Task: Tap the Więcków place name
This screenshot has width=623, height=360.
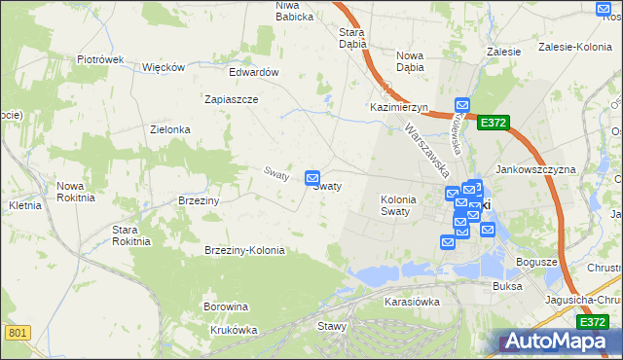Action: pyautogui.click(x=164, y=67)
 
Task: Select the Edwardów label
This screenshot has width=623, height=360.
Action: pyautogui.click(x=254, y=72)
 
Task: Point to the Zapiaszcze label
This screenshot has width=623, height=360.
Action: pyautogui.click(x=231, y=99)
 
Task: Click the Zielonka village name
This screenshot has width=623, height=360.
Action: pyautogui.click(x=169, y=128)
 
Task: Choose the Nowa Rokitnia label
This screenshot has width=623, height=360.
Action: pyautogui.click(x=75, y=191)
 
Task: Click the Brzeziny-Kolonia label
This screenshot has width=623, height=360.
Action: pyautogui.click(x=244, y=250)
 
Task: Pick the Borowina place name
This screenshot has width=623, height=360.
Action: pyautogui.click(x=226, y=306)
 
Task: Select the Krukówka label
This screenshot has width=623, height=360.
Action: pyautogui.click(x=233, y=329)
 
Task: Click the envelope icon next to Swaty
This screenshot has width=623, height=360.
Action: pyautogui.click(x=312, y=178)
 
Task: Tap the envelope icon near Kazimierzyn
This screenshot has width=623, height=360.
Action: pyautogui.click(x=462, y=105)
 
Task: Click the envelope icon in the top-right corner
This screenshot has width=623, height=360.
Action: pyautogui.click(x=601, y=9)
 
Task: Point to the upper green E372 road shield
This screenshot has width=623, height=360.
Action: pyautogui.click(x=493, y=123)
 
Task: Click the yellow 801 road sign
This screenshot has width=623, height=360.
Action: pyautogui.click(x=18, y=333)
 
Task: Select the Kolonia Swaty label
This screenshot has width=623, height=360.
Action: pyautogui.click(x=398, y=205)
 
